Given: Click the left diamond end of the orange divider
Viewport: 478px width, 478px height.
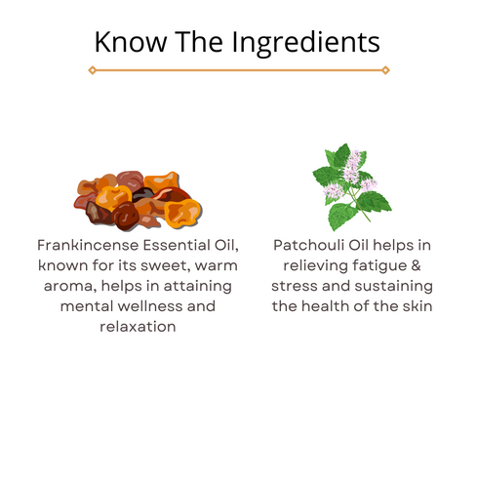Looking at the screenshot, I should tap(92, 70).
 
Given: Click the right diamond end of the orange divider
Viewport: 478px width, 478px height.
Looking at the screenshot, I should tap(385, 70).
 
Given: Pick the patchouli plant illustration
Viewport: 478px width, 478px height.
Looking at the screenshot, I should tap(351, 185).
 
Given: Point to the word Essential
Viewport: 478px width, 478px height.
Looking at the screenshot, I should tap(177, 245).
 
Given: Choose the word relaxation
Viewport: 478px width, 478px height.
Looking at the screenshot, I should tap(138, 326).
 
